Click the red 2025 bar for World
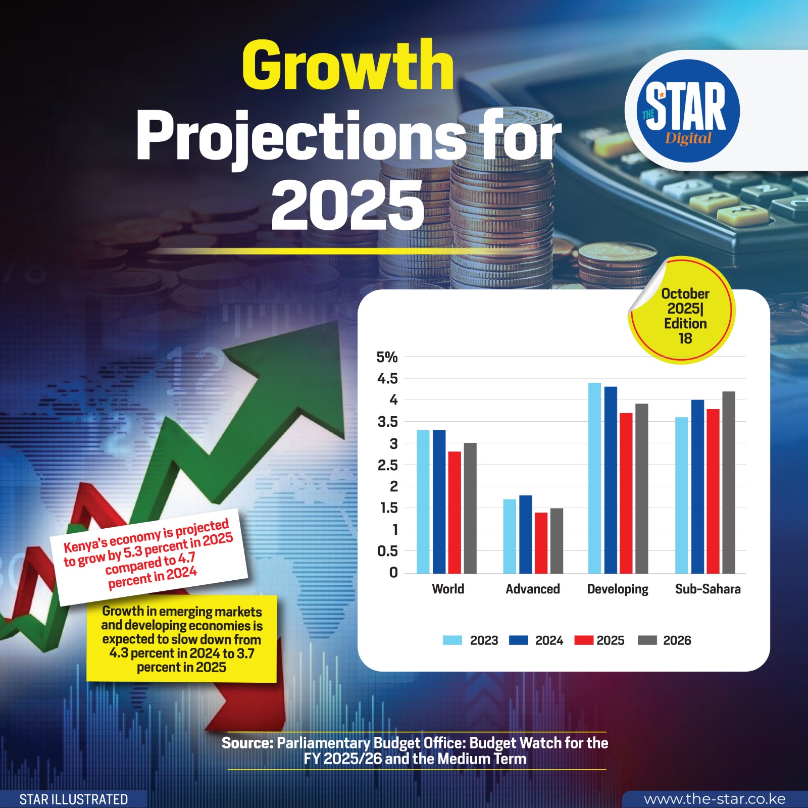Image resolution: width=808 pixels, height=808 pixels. click(x=454, y=512)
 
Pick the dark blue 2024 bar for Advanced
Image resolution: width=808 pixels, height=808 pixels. click(x=526, y=534)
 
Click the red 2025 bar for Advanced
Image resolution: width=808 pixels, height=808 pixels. click(x=541, y=543)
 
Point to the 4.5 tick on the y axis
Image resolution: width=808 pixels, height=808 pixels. click(x=387, y=379)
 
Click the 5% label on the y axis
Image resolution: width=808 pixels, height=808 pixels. click(x=387, y=357)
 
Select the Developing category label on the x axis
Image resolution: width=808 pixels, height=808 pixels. click(x=618, y=589)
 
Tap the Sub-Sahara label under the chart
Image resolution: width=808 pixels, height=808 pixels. click(x=708, y=589)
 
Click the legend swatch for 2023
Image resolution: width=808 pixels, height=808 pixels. click(x=452, y=640)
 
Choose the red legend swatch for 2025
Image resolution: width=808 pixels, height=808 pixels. click(x=583, y=640)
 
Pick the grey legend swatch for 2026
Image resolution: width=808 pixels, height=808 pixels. click(x=647, y=640)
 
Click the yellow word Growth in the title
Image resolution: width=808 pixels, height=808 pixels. click(x=348, y=66)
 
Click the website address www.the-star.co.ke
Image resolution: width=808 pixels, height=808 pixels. click(x=715, y=799)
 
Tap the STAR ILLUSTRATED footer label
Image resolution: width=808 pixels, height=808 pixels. click(x=74, y=799)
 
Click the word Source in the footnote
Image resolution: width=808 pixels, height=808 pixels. click(x=247, y=743)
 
